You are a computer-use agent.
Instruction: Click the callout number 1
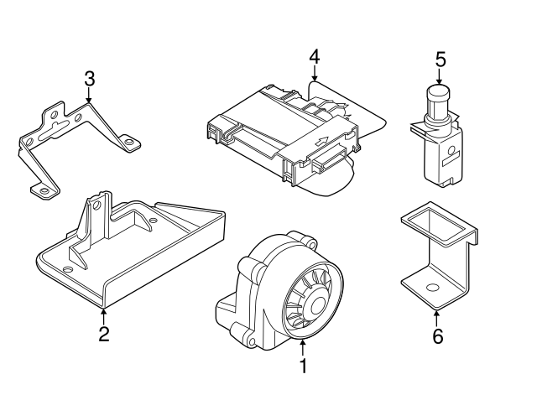point(304,366)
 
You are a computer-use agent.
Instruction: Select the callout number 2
point(103,335)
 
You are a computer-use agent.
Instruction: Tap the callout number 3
point(89,80)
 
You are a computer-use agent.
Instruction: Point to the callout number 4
point(314,57)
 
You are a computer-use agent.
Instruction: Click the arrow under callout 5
point(439,77)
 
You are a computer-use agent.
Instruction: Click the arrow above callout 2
point(103,315)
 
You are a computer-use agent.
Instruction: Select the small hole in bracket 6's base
point(432,288)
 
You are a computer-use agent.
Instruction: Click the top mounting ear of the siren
point(310,243)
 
